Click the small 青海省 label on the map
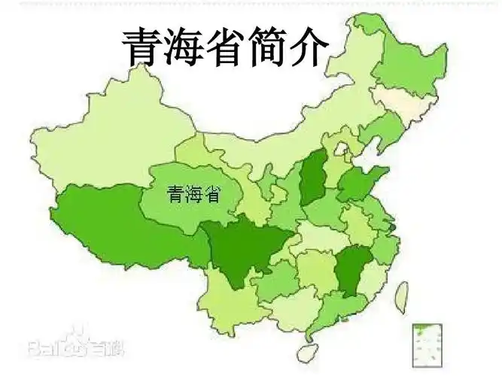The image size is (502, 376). (x=193, y=195)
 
